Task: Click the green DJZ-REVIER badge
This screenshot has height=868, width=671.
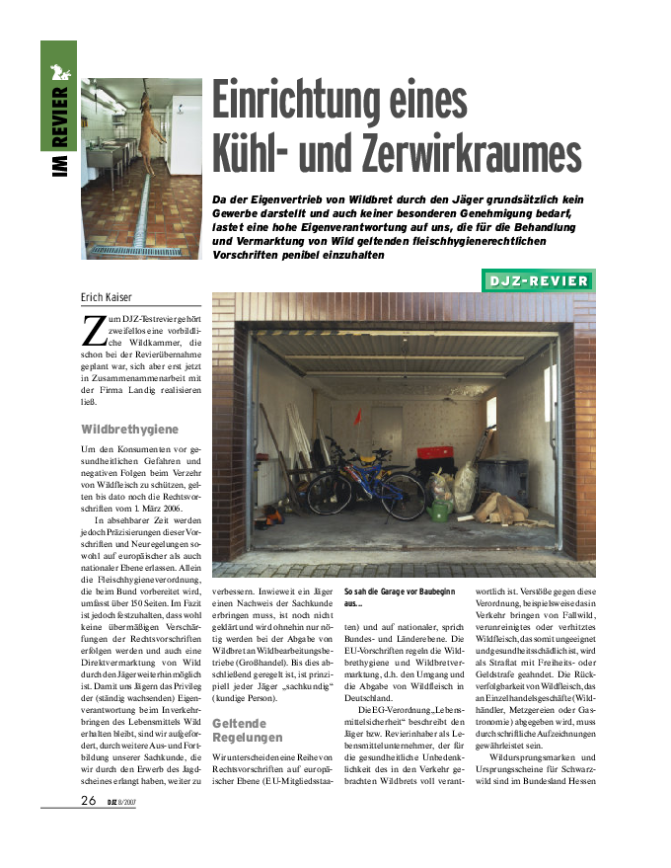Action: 539,281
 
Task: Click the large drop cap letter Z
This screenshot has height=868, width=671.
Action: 94,330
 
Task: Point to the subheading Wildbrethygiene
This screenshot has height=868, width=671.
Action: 129,430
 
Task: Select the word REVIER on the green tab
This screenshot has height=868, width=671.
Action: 59,117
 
